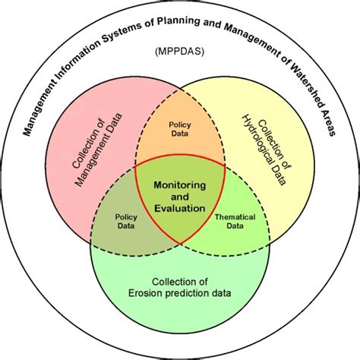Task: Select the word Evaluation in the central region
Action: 180,207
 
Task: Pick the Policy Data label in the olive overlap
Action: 126,221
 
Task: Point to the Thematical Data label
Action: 235,221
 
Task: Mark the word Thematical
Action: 235,216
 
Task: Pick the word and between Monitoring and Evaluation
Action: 180,196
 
